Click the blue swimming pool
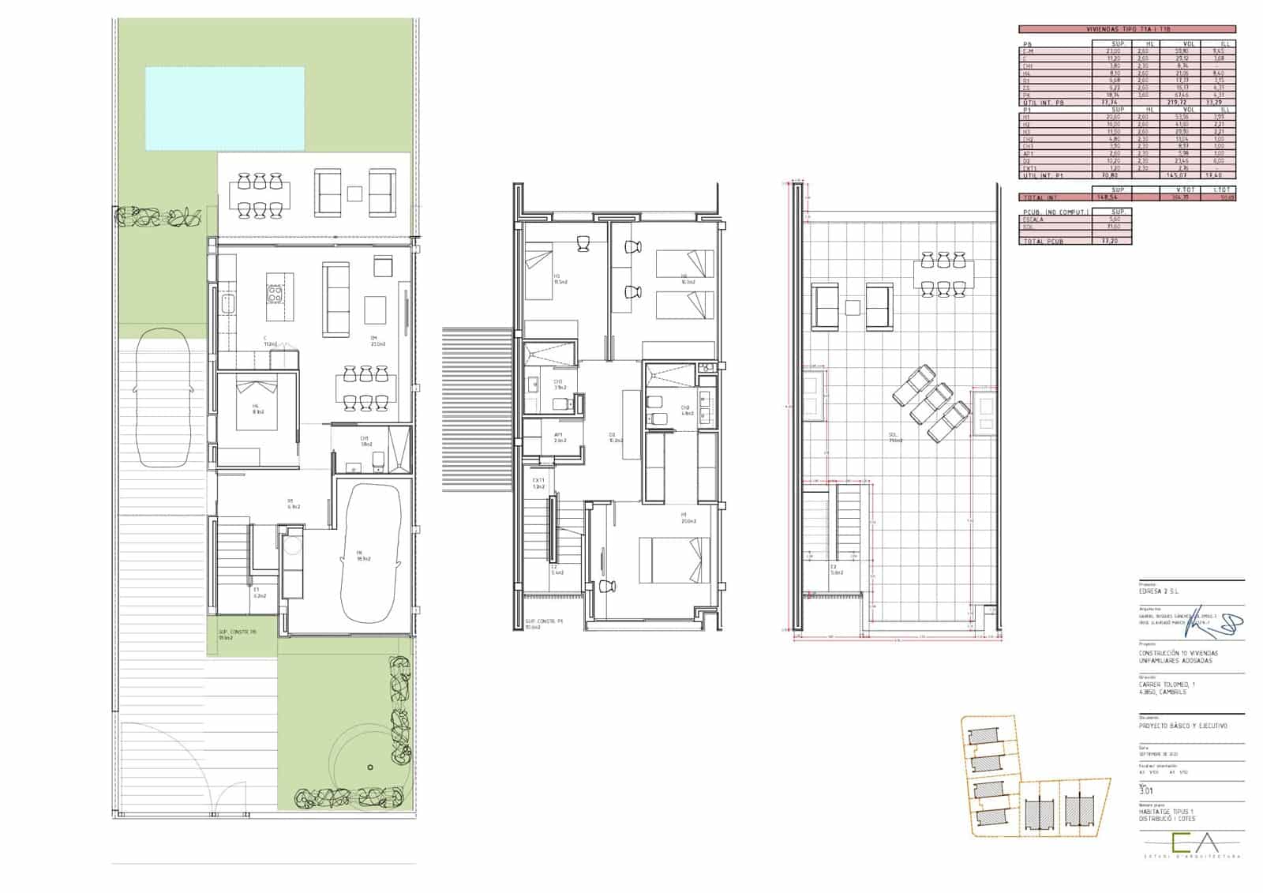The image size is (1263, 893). pos(225,108)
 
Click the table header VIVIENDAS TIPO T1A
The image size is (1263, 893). pos(1127,29)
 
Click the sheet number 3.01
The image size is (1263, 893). pos(1146,790)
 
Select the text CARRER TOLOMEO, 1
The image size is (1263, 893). pos(1167,685)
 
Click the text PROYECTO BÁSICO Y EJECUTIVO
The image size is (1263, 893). pos(1182,726)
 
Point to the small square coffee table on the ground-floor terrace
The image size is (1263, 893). pos(355,192)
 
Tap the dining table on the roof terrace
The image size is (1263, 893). pos(945,274)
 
